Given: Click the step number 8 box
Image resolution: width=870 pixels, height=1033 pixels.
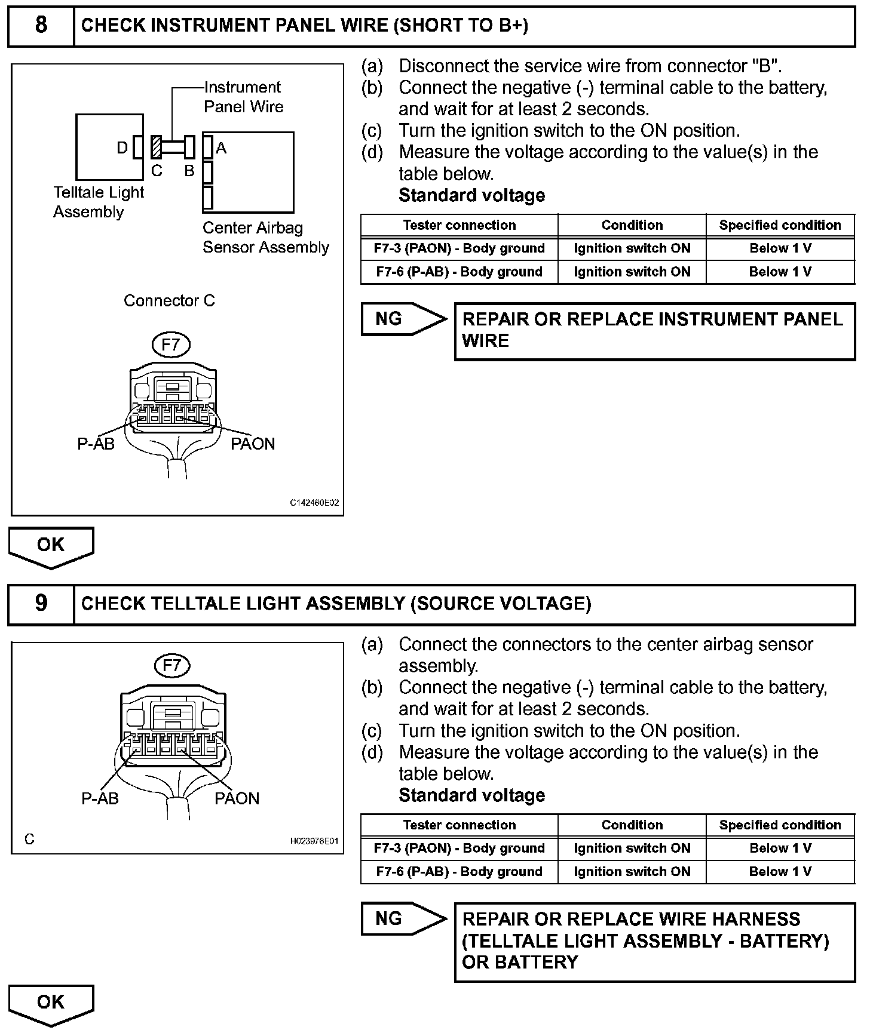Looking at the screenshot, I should pos(41,26).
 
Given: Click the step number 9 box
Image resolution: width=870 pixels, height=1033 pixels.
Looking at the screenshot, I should pos(41,604).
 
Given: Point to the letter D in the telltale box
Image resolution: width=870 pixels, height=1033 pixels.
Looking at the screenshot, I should pos(122,147).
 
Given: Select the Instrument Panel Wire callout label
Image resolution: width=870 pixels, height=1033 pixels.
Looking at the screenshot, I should pos(243,97).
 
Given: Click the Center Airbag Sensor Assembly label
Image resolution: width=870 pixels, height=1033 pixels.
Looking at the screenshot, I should pos(265,238).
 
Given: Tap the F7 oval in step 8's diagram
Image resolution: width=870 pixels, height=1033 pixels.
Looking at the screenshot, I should pos(171,345).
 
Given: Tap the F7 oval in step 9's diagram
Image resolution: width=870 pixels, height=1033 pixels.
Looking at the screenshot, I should pos(172,665).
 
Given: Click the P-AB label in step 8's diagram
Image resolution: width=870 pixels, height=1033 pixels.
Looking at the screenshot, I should pos(96,444).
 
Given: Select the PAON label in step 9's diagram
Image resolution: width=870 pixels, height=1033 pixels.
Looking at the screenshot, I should pos(237,798).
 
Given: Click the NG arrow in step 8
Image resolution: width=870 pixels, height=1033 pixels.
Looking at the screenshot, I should pos(403,319).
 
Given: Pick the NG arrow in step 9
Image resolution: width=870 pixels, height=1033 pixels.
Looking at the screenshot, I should pos(403,919).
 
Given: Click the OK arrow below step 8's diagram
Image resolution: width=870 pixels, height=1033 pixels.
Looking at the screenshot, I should pos(51,546).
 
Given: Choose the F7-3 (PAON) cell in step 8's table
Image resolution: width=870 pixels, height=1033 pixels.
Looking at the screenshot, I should pos(459,248).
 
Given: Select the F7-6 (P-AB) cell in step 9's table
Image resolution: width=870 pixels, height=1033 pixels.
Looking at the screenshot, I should pos(459,872).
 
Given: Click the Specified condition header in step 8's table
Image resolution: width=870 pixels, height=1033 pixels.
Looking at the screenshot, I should pos(780,225).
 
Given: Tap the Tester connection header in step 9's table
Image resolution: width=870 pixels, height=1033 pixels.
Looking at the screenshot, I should pos(459,825).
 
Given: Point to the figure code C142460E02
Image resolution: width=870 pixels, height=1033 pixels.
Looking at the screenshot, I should pos(314,503).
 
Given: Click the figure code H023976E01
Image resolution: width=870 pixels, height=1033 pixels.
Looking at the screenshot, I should pos(314,841).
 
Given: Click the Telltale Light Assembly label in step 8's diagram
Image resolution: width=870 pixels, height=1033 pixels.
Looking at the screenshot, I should pos(99,202).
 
